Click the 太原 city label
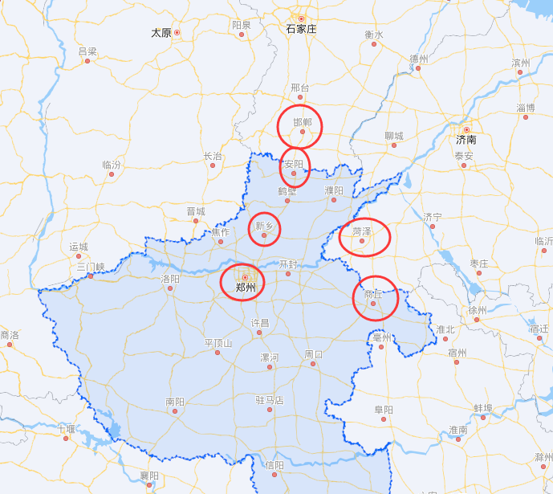point(161,33)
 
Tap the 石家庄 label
point(302,29)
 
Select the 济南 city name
point(466,140)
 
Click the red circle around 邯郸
point(300,127)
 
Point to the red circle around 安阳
point(295,168)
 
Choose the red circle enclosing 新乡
point(265,229)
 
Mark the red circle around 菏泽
point(365,237)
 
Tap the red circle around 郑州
point(242,282)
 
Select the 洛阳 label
point(170,279)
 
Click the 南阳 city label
point(175,402)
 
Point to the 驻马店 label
point(270,399)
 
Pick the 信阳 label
point(274,464)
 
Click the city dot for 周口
point(314,364)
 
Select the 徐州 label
point(477,310)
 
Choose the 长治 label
point(213,156)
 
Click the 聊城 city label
point(394,136)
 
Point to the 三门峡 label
point(91,266)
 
